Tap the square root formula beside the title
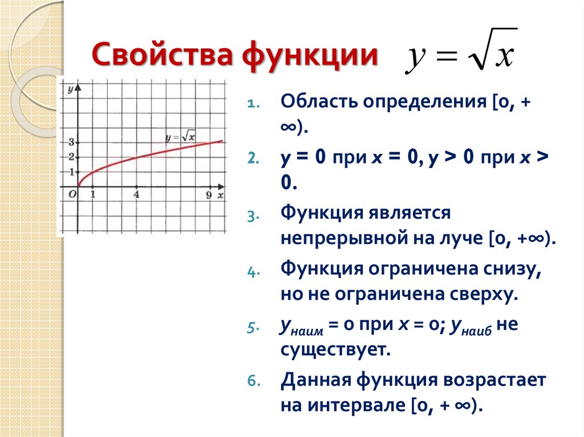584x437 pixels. pyautogui.click(x=461, y=51)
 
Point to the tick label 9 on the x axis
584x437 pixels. pyautogui.click(x=209, y=195)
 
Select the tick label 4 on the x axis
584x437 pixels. pyautogui.click(x=136, y=195)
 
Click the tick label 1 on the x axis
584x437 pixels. pyautogui.click(x=93, y=195)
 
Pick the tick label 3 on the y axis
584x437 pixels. pyautogui.click(x=71, y=142)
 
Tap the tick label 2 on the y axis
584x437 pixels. pyautogui.click(x=71, y=157)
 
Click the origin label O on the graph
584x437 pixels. pyautogui.click(x=72, y=194)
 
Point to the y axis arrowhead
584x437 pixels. pyautogui.click(x=78, y=88)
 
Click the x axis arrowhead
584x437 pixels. pyautogui.click(x=221, y=186)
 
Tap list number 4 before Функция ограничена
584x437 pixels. pyautogui.click(x=253, y=272)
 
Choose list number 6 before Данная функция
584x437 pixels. pyautogui.click(x=254, y=381)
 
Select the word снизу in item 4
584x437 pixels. pyautogui.click(x=512, y=269)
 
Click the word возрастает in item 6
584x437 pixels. pyautogui.click(x=494, y=381)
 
